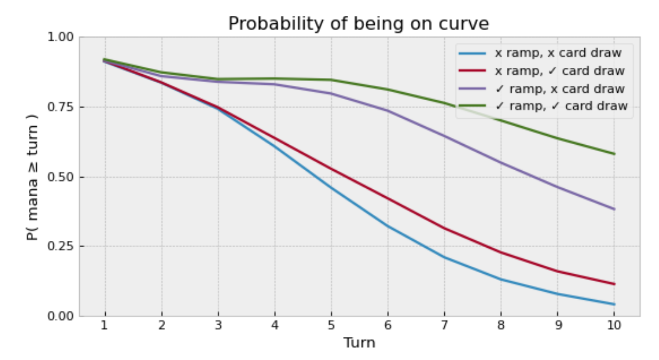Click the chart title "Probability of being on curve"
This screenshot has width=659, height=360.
click(x=358, y=24)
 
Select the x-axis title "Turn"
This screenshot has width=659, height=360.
click(x=359, y=343)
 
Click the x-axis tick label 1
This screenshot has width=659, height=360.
click(x=105, y=327)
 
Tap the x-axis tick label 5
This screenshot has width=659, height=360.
click(x=331, y=327)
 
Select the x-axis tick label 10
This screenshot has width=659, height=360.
click(x=614, y=327)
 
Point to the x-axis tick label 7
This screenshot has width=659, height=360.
click(x=444, y=327)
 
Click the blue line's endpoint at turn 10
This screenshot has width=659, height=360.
click(x=614, y=304)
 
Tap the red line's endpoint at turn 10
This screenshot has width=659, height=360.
click(x=614, y=284)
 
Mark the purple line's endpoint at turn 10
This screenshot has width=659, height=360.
click(x=614, y=209)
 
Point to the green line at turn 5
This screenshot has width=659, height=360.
click(x=331, y=80)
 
